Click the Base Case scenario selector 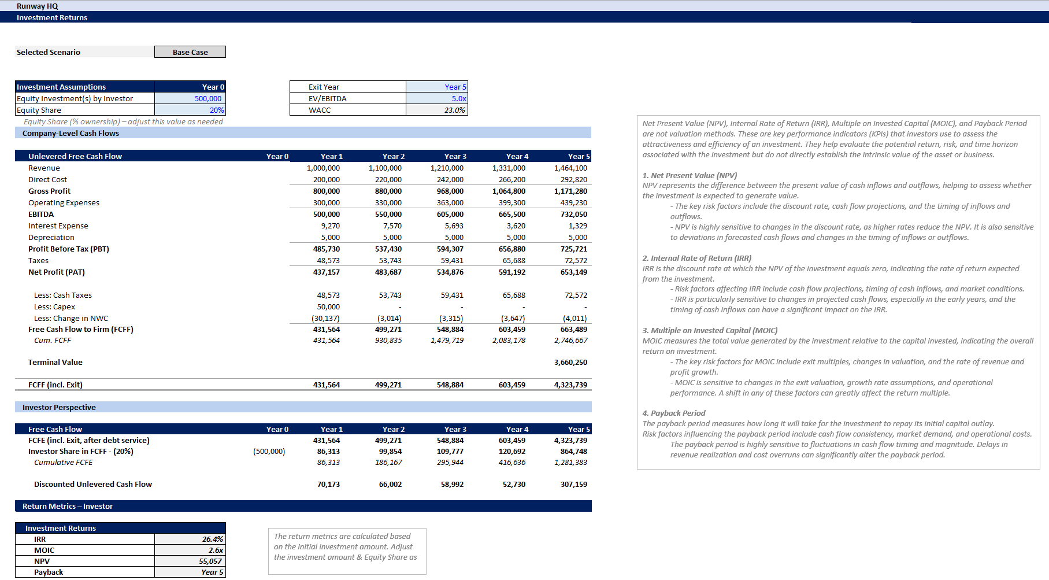190,52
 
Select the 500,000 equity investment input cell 207,98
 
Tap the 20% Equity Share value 217,110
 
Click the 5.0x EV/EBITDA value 458,98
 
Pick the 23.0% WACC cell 454,110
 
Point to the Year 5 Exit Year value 455,87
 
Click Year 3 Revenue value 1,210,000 447,168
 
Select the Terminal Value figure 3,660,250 570,362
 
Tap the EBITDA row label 41,214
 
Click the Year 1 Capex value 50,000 328,306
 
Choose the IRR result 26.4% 212,539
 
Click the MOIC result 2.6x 216,550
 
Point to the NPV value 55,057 210,561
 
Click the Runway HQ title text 38,6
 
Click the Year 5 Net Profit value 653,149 573,272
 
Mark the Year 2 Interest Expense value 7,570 392,226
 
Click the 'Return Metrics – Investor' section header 68,506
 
